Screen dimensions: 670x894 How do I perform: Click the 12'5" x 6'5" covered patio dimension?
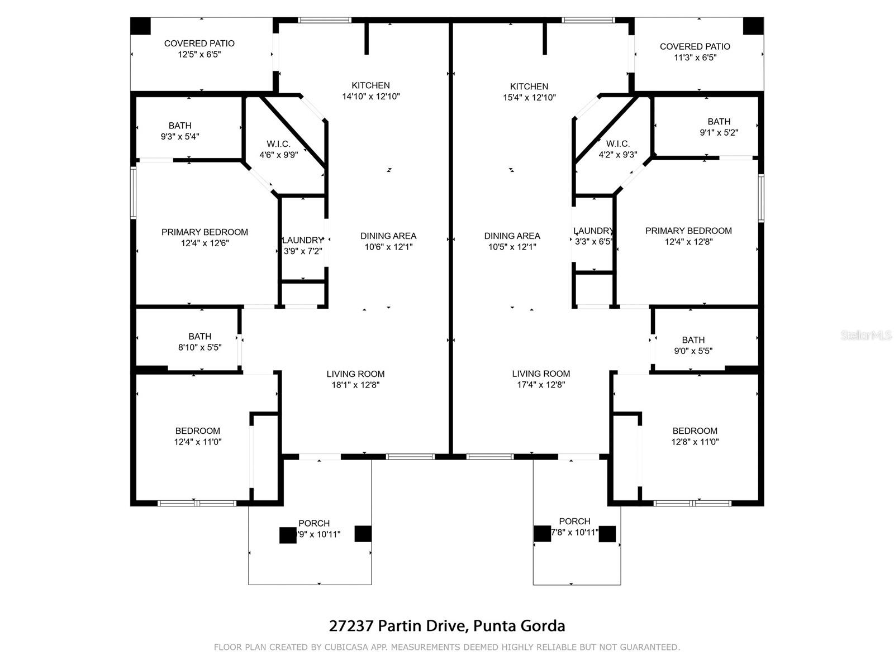coord(199,55)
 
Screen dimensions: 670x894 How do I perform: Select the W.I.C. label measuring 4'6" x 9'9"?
coord(278,150)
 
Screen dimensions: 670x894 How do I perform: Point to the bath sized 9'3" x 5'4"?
coord(180,131)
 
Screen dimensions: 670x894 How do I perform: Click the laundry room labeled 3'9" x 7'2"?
coord(302,246)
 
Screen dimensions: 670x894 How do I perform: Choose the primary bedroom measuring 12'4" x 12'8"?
coord(688,236)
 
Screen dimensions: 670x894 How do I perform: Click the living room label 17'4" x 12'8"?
coord(541,379)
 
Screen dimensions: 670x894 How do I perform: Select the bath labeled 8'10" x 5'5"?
coord(199,342)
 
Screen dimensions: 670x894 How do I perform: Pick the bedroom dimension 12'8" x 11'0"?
coord(695,436)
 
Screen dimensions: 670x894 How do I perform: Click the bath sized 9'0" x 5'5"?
coord(693,346)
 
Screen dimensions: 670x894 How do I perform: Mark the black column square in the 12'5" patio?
coord(141,26)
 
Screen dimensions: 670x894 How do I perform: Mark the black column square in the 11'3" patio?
coord(753,26)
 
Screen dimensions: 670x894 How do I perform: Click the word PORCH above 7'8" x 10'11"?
coord(574,521)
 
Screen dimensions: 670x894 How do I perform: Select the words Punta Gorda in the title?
coord(519,626)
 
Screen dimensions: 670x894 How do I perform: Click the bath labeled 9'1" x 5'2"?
coord(719,127)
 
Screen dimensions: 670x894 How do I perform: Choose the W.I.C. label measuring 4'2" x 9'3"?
coord(617,150)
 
